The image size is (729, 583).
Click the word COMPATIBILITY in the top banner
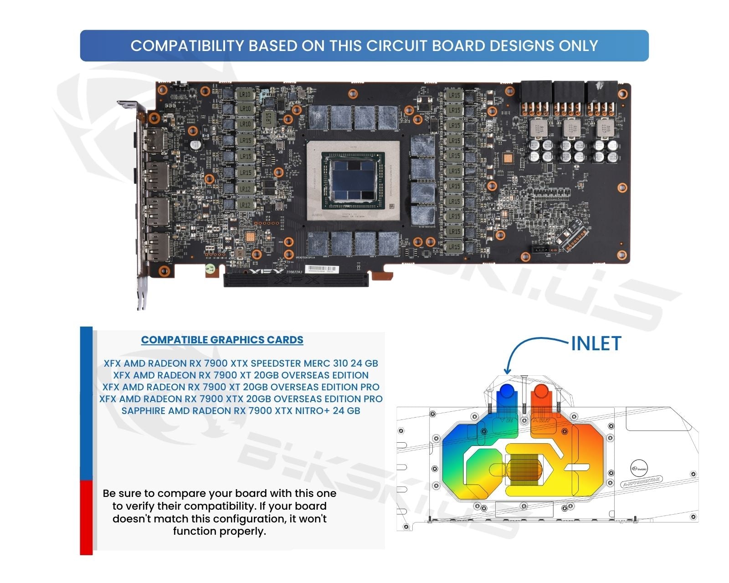[x=187, y=46]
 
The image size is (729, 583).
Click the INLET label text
[x=596, y=344]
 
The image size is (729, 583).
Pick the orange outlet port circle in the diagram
[x=541, y=392]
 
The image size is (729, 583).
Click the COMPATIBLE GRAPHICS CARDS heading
[x=222, y=340]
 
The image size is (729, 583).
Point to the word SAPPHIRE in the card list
[x=143, y=411]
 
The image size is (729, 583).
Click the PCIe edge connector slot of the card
[x=296, y=280]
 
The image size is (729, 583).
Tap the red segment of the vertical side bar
[x=86, y=517]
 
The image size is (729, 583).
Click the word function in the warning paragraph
[x=195, y=531]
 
